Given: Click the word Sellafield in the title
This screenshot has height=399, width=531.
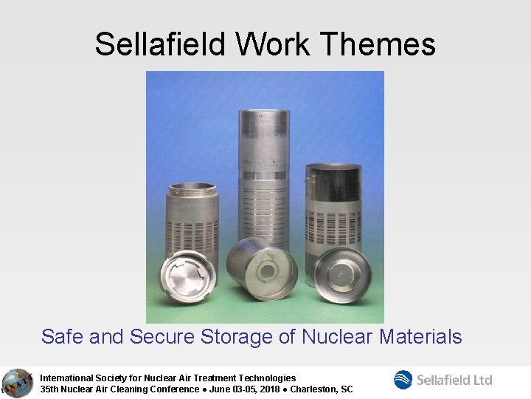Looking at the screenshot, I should point(161,44).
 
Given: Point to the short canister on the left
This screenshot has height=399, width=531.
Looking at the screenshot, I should point(193,214).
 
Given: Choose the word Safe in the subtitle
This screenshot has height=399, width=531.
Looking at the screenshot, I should point(62,337).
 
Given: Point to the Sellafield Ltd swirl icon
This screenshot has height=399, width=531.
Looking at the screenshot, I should point(403,380).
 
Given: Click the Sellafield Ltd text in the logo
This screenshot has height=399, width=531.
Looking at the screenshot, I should point(454,380).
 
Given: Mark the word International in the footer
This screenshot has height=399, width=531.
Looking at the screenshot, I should point(68,378).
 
